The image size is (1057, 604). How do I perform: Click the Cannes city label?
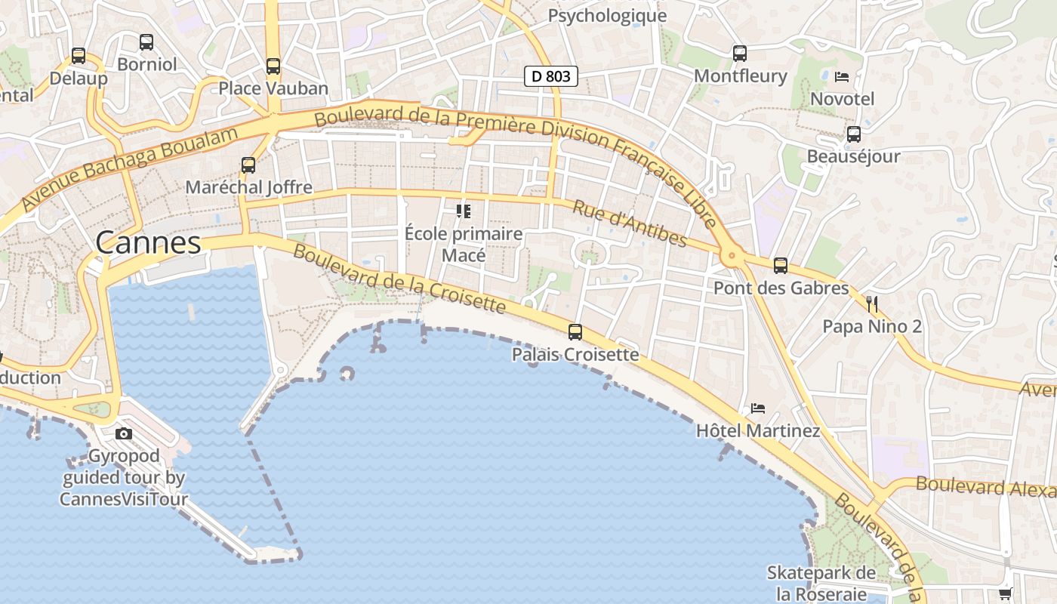(149, 242)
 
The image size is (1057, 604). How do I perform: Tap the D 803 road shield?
(551, 75)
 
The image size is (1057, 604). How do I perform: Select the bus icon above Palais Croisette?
(575, 331)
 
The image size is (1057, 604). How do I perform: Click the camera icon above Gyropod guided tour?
(124, 433)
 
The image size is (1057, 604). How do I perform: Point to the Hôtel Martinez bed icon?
(758, 408)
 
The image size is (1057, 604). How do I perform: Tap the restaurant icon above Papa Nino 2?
(872, 304)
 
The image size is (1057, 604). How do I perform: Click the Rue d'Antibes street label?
(630, 223)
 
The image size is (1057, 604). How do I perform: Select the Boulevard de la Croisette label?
(399, 279)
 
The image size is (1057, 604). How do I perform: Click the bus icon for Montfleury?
(740, 53)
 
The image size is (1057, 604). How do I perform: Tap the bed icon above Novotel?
(842, 76)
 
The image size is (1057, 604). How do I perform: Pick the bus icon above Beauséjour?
(854, 134)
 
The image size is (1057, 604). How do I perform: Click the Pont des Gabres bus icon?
(781, 266)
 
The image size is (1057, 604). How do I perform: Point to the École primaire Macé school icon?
(463, 211)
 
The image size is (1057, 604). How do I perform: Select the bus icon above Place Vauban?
(273, 66)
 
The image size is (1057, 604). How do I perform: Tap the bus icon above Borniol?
(146, 42)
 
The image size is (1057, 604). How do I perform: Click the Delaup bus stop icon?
(79, 55)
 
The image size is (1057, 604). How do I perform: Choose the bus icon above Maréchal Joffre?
(248, 165)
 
